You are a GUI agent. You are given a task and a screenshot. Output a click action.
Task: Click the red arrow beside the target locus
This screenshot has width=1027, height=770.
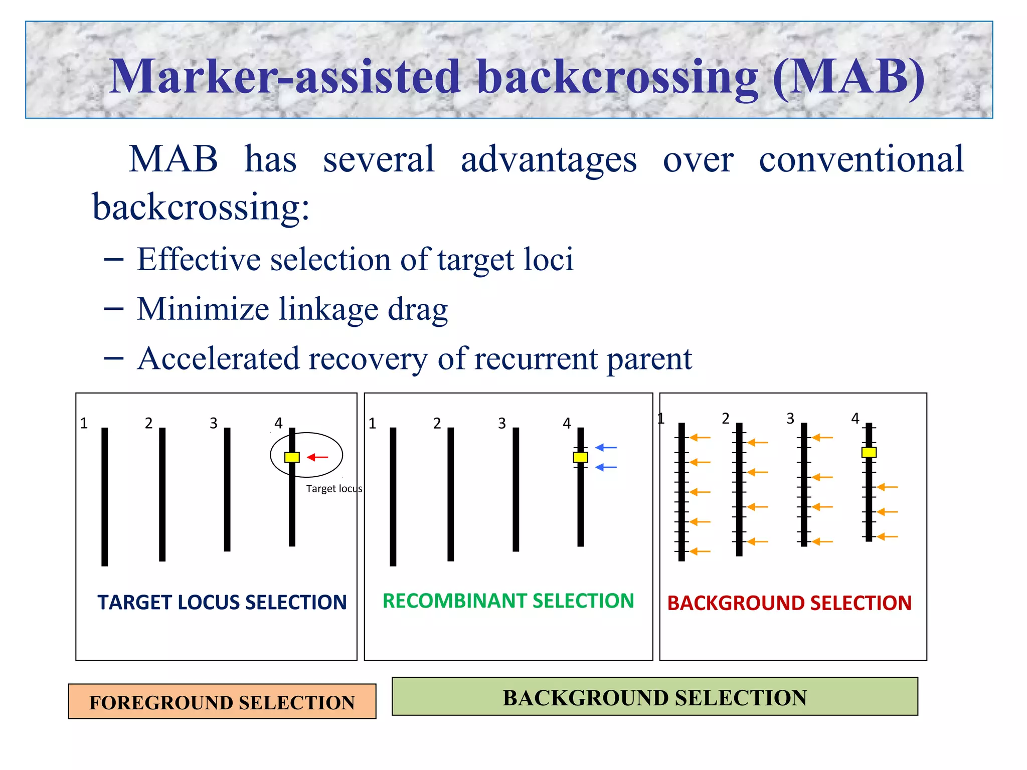point(317,457)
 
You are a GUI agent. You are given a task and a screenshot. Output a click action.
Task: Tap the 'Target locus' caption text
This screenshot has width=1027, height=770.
point(334,488)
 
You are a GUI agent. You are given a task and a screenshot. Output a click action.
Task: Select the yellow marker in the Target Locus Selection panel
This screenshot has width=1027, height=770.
point(292,457)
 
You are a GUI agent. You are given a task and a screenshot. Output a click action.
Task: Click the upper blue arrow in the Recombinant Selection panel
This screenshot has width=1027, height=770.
point(606,447)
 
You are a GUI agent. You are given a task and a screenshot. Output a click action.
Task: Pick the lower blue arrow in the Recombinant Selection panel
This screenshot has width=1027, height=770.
point(606,467)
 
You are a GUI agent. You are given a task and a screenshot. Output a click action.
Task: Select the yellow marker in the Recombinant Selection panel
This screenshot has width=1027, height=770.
point(580,457)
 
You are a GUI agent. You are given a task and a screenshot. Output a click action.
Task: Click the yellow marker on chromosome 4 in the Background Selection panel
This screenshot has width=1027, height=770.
point(869,452)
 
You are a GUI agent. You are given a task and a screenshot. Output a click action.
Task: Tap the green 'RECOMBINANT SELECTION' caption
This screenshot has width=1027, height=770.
point(508,601)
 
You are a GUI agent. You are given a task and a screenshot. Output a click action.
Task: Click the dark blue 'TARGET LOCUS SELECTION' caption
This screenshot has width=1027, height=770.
point(222,602)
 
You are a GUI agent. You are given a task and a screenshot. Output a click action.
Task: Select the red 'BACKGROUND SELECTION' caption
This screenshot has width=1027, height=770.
point(789,603)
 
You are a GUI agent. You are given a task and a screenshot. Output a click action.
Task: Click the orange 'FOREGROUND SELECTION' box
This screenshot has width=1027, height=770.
point(222,701)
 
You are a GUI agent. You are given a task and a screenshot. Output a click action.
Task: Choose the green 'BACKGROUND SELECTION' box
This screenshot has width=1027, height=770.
point(654,697)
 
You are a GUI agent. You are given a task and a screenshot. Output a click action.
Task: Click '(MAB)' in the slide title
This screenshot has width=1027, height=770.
point(848,76)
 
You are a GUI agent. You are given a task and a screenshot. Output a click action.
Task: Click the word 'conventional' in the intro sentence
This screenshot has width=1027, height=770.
point(861,159)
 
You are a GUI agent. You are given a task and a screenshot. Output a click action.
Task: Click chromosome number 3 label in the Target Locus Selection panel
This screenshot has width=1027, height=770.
point(214,423)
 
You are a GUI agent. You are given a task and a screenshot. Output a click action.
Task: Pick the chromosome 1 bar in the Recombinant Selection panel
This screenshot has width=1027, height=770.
point(393,496)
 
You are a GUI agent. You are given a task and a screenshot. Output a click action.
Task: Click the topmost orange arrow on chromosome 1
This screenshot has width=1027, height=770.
point(700,438)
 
